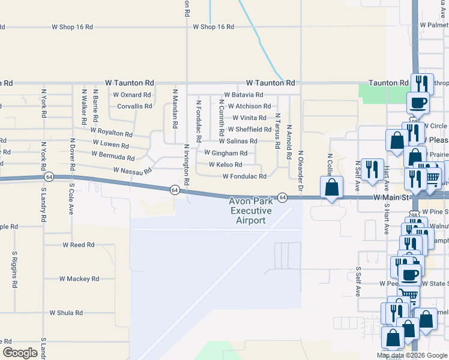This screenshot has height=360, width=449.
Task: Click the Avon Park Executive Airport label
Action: (250, 211)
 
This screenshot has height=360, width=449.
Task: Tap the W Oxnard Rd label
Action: (132, 95)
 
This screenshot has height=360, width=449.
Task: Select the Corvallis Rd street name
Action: (134, 106)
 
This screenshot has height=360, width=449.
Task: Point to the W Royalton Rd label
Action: (111, 131)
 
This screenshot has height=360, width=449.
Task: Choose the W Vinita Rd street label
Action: (249, 118)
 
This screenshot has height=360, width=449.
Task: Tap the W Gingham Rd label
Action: (226, 153)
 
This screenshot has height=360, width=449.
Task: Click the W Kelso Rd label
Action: (225, 164)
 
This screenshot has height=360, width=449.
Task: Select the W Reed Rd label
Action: (79, 245)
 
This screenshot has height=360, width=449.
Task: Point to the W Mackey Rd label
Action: (79, 279)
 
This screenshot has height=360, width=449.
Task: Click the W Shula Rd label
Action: (68, 313)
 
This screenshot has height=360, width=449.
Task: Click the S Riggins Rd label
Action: (14, 270)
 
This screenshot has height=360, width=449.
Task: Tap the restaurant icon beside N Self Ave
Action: (373, 170)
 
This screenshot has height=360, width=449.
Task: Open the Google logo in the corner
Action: (20, 353)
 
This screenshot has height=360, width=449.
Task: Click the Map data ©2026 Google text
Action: (411, 355)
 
